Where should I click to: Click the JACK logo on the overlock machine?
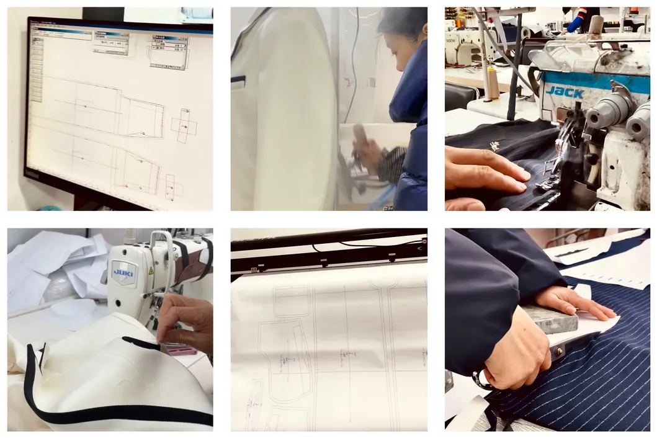(x=564, y=92)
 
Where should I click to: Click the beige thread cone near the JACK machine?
(x=493, y=83)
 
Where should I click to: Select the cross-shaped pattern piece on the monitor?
(x=184, y=126)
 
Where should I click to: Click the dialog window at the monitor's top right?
(x=169, y=51)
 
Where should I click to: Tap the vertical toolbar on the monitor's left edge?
(x=37, y=68)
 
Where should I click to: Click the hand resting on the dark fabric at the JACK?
(x=484, y=171)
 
